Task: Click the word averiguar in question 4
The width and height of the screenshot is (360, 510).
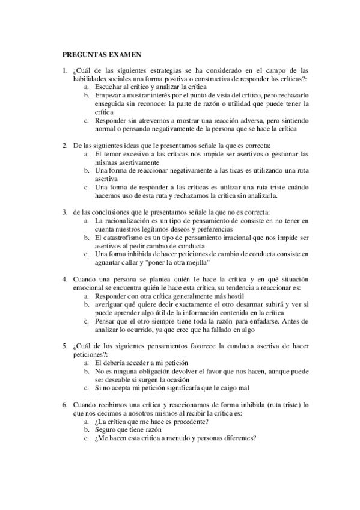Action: pyautogui.click(x=110, y=304)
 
